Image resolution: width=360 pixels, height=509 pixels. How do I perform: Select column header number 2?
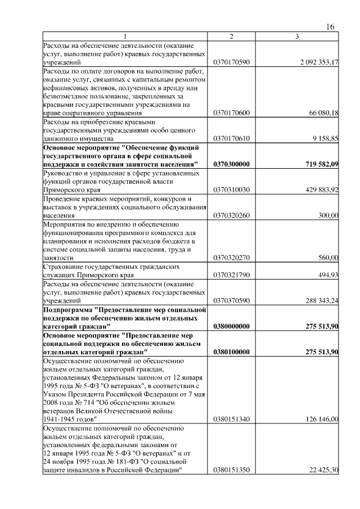(231, 37)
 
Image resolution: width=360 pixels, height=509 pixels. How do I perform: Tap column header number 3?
(296, 37)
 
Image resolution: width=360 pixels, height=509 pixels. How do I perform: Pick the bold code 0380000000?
(232, 326)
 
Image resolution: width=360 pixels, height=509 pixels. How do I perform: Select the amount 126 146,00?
(319, 419)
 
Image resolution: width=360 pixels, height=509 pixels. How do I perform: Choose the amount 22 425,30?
(321, 470)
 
